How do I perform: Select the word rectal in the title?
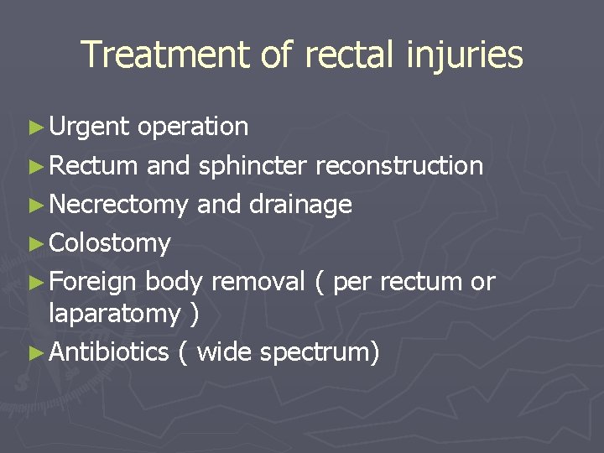pyautogui.click(x=350, y=55)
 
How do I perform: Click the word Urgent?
pyautogui.click(x=89, y=127)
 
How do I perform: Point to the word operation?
pyautogui.click(x=192, y=127)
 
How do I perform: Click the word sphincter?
pyautogui.click(x=253, y=166)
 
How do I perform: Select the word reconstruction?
pyautogui.click(x=399, y=166)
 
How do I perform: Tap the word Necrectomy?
pyautogui.click(x=119, y=205)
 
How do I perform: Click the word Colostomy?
pyautogui.click(x=110, y=244)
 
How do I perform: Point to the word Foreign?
pyautogui.click(x=94, y=283)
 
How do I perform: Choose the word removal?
pyautogui.click(x=258, y=283)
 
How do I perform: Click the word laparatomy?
pyautogui.click(x=114, y=314)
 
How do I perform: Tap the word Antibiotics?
pyautogui.click(x=109, y=352)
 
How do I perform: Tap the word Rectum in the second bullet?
pyautogui.click(x=93, y=166)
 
